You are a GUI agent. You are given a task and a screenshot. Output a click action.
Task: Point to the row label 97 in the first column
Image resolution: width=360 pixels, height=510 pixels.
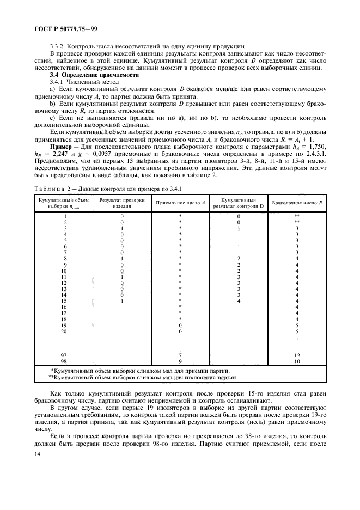coord(64,355)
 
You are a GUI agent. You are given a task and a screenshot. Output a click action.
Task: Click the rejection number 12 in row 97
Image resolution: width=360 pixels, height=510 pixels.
coord(297,355)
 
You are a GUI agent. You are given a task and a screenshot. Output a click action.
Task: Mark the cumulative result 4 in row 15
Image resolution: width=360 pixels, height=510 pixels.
coord(238,301)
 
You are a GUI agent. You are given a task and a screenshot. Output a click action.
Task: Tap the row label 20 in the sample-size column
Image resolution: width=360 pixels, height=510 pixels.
coord(64,331)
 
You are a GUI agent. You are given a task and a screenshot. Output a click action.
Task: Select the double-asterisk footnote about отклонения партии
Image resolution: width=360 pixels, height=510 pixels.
coord(143,377)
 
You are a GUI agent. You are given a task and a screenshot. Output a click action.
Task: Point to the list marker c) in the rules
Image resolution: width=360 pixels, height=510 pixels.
coord(53,117)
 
